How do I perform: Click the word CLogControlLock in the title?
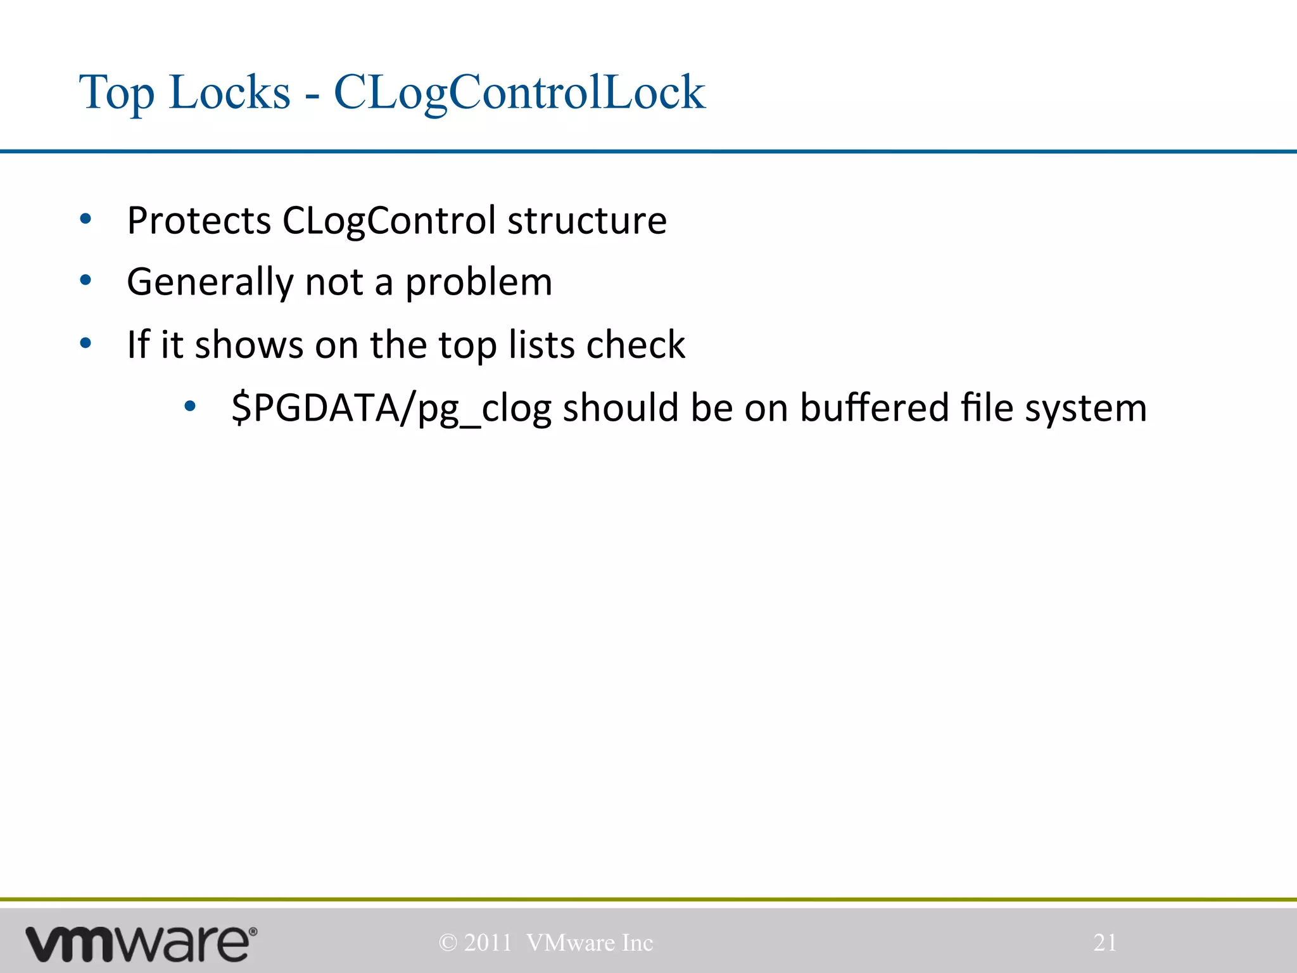click(519, 92)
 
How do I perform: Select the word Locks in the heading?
click(229, 92)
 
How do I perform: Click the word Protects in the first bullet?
click(199, 220)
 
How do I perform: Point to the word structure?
click(586, 220)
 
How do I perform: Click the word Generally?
click(210, 283)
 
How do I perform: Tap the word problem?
click(478, 283)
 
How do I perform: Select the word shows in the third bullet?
click(249, 345)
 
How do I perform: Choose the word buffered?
click(874, 407)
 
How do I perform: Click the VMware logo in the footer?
click(141, 943)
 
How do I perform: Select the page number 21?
click(1105, 943)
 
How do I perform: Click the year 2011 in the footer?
click(488, 943)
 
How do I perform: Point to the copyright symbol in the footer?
click(448, 943)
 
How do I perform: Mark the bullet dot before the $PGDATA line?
click(189, 407)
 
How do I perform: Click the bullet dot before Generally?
click(85, 281)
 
